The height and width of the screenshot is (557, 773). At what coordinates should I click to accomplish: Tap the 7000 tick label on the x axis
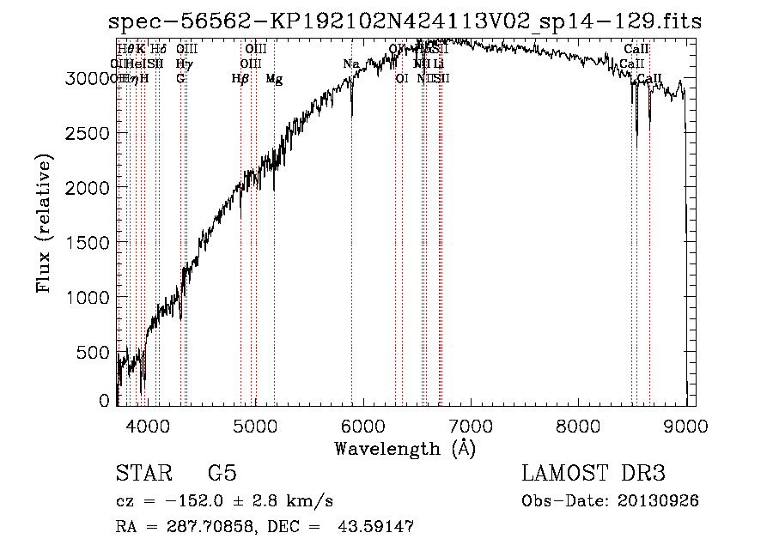click(470, 426)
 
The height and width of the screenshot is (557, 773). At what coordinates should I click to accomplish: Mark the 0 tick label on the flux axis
click(105, 401)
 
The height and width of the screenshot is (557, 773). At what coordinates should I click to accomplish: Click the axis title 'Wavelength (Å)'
click(405, 448)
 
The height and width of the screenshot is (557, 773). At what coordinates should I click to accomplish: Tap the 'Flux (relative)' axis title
click(44, 224)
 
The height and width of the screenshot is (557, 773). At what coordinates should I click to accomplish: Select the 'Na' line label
click(350, 64)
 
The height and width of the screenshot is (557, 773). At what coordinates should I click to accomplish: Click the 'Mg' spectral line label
click(274, 79)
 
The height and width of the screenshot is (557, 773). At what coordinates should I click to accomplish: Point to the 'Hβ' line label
click(240, 79)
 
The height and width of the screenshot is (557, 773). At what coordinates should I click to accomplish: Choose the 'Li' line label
click(438, 64)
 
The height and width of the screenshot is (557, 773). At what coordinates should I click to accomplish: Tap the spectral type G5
click(222, 474)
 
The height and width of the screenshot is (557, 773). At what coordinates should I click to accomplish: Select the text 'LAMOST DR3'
click(593, 474)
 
